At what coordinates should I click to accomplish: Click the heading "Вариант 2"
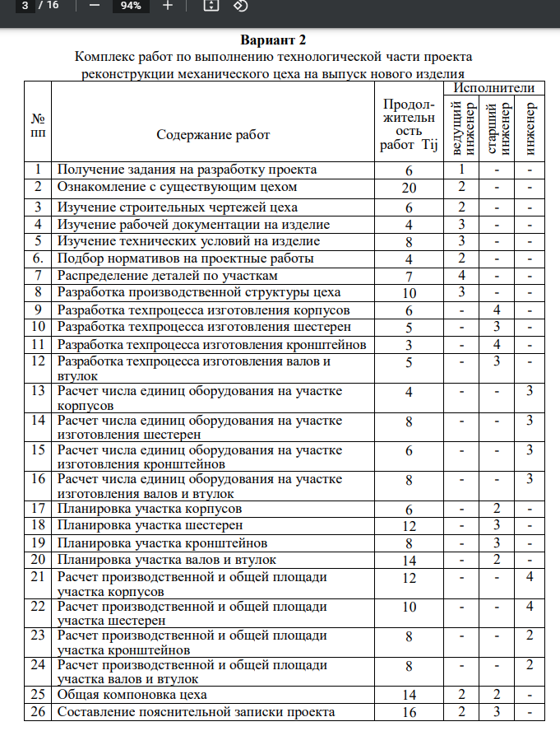pyautogui.click(x=273, y=40)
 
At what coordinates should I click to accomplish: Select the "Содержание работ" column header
pyautogui.click(x=213, y=134)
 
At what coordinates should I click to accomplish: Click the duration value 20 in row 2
pyautogui.click(x=409, y=188)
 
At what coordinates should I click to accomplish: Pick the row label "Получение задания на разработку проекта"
pyautogui.click(x=187, y=170)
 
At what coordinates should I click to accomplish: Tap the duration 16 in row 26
pyautogui.click(x=409, y=712)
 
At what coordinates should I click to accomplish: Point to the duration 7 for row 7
pyautogui.click(x=409, y=276)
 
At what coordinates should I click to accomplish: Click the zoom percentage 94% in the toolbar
pyautogui.click(x=131, y=6)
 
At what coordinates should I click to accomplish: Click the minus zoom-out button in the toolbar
pyautogui.click(x=94, y=6)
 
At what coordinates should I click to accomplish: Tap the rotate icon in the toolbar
pyautogui.click(x=240, y=6)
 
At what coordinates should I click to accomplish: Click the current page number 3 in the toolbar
pyautogui.click(x=29, y=6)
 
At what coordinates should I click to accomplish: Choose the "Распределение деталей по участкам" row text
pyautogui.click(x=167, y=275)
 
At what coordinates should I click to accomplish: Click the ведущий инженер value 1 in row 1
pyautogui.click(x=463, y=170)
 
